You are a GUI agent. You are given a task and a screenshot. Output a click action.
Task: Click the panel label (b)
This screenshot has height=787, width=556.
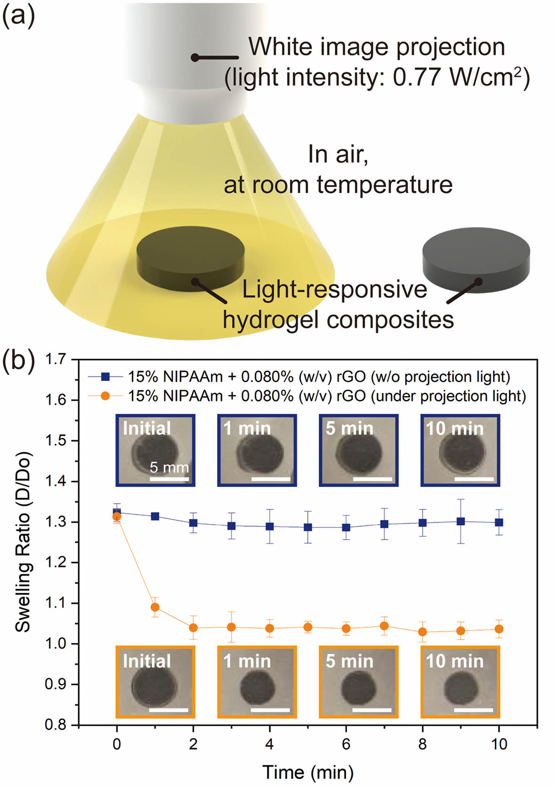point(19,362)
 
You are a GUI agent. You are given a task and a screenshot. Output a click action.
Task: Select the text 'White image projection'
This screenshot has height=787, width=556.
point(377,47)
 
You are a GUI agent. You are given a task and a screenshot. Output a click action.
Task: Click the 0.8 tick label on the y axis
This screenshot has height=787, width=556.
point(56,725)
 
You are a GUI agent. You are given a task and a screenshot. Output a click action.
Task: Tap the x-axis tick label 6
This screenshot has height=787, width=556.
point(346,744)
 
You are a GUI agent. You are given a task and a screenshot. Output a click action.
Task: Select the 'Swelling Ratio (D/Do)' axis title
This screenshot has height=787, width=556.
point(23,542)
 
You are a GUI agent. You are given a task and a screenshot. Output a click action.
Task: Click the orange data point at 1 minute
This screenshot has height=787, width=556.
point(155,607)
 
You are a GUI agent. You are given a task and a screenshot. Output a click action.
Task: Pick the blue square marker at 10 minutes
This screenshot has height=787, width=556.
point(499,522)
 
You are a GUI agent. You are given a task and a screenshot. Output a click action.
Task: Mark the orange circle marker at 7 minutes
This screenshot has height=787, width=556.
point(384,626)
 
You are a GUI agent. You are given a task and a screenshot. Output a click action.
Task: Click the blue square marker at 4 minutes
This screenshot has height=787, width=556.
point(270,526)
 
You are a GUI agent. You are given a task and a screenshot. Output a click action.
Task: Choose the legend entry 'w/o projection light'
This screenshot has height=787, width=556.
point(319,377)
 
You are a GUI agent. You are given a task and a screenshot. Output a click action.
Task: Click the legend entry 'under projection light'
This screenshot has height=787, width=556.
point(327,396)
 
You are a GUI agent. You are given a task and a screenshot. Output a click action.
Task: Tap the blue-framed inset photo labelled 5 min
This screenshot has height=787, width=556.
point(359,450)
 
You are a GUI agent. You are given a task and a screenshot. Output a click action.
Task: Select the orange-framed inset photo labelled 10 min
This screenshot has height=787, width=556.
point(460,682)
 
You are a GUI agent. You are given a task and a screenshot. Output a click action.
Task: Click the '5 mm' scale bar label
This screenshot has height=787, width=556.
point(169,467)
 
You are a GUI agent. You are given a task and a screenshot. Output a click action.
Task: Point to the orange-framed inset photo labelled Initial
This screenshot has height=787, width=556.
point(155,682)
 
